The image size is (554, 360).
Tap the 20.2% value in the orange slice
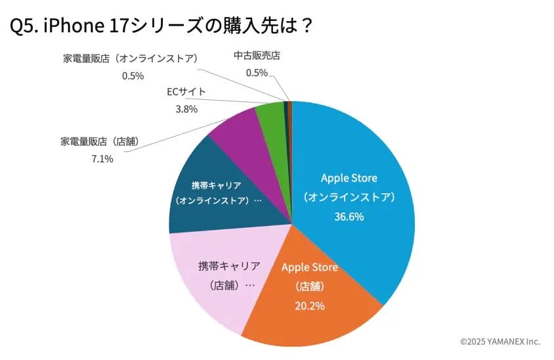(310, 305)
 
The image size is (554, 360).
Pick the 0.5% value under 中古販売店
(257, 73)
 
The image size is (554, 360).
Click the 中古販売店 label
(257, 56)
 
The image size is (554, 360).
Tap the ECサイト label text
(186, 91)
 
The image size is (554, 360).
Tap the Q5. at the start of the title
(24, 26)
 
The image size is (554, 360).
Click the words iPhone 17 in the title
(83, 26)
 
